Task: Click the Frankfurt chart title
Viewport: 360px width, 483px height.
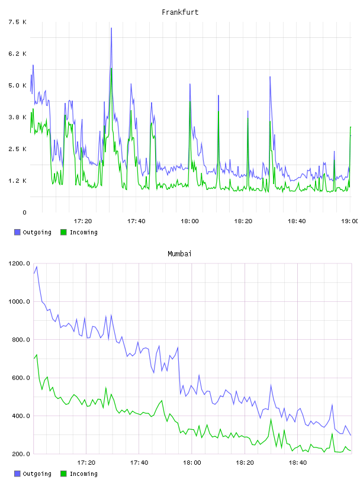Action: pos(180,12)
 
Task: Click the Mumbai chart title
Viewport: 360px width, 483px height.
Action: pos(179,254)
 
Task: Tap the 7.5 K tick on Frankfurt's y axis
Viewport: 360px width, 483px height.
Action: pos(18,22)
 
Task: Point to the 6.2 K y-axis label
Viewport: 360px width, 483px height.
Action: pos(18,54)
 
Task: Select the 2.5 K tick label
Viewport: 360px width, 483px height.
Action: pos(18,149)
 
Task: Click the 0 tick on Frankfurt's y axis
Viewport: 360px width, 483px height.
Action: pos(24,212)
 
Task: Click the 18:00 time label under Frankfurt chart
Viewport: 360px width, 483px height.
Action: pos(189,221)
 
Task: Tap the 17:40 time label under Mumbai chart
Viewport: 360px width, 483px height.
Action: pos(139,463)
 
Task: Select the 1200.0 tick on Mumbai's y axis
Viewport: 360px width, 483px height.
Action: pos(19,263)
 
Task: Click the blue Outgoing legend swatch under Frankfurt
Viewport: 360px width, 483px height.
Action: pos(17,232)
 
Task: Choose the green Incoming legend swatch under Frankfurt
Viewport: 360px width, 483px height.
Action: pos(63,232)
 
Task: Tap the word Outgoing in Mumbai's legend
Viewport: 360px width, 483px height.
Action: pos(37,474)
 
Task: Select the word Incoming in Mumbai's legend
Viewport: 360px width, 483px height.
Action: pos(83,474)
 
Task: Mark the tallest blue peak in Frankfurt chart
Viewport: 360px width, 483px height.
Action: pos(111,28)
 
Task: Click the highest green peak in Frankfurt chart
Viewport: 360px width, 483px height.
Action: pos(111,69)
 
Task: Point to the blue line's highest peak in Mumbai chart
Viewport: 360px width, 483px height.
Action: pos(37,267)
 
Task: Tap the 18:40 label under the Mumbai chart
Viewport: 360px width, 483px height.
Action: pos(298,463)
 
